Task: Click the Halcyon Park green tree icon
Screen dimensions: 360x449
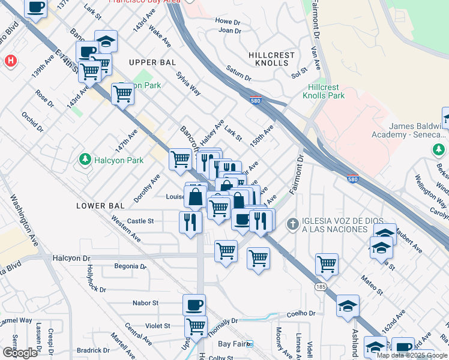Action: [84, 160]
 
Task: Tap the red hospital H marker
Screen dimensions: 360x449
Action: [10, 61]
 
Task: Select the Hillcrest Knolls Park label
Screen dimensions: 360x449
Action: [323, 91]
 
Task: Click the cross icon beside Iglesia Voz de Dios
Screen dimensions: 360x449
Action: [292, 224]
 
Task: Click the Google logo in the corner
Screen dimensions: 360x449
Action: [20, 353]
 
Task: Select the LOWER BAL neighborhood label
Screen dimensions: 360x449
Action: [100, 206]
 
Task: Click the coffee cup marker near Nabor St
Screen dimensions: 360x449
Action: [194, 305]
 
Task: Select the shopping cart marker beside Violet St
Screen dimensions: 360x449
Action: [196, 326]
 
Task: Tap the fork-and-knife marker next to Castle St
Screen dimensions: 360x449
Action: [190, 222]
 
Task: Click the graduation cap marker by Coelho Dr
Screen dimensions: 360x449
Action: [348, 306]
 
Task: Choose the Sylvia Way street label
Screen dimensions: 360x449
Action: [188, 83]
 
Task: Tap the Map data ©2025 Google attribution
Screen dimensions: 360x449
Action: [412, 355]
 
